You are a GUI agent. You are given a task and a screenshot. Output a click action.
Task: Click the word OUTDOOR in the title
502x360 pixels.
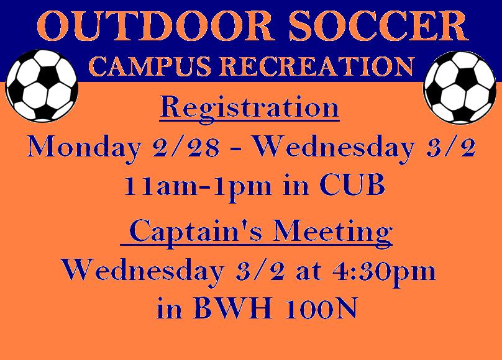[155, 25]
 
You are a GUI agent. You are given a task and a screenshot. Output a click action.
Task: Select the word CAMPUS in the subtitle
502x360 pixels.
[150, 66]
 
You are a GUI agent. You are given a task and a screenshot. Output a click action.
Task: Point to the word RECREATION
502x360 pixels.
[317, 66]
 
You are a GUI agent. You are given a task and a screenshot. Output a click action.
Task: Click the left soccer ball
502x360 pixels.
[42, 86]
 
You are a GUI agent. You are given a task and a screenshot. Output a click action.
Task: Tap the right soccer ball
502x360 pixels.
[460, 88]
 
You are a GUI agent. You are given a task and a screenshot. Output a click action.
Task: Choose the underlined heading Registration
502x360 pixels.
[249, 109]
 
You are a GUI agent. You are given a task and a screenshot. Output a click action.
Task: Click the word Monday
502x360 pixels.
[84, 147]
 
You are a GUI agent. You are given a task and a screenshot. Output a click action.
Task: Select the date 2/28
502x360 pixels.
[186, 146]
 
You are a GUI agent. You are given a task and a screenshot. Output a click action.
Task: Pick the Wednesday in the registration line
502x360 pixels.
[334, 147]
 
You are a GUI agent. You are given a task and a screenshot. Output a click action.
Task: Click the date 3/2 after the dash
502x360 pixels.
[450, 146]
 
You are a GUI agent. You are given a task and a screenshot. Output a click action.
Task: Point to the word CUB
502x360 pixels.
[352, 185]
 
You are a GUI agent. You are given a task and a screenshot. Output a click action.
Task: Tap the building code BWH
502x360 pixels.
[233, 308]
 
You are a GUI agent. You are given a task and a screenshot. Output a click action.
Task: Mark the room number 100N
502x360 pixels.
[321, 308]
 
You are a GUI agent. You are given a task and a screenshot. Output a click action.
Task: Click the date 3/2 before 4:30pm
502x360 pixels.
[260, 270]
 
